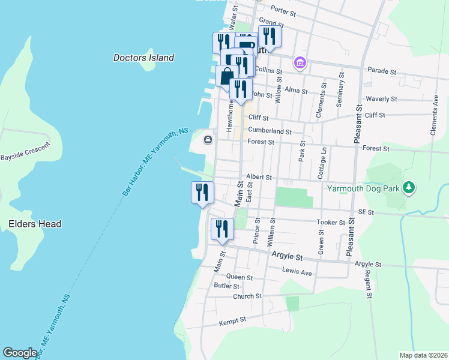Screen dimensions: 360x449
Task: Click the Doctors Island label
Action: click(x=143, y=58)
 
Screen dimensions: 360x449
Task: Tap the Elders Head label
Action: click(x=35, y=224)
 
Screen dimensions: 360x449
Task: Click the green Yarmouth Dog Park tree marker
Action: click(x=409, y=188)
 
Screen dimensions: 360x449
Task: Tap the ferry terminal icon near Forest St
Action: click(x=208, y=140)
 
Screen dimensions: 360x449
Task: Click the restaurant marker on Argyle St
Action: click(x=222, y=229)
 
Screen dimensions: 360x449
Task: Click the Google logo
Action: click(x=20, y=353)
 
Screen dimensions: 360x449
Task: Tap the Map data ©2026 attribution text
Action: click(x=423, y=355)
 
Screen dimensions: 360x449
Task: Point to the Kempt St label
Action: click(x=233, y=321)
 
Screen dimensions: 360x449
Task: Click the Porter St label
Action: click(x=284, y=11)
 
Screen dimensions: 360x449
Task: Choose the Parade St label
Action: click(x=382, y=71)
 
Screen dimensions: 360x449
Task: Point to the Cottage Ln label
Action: click(x=322, y=162)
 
